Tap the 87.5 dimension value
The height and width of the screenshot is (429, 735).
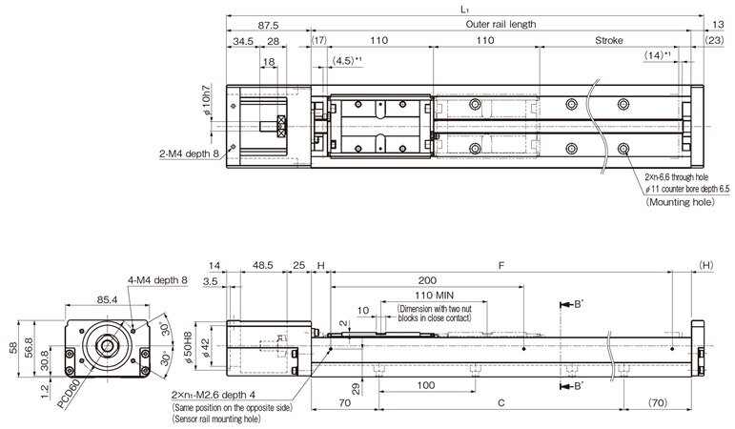pyautogui.click(x=268, y=24)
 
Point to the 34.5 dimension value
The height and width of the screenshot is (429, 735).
pyautogui.click(x=242, y=42)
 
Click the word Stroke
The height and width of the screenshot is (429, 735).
pyautogui.click(x=608, y=42)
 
